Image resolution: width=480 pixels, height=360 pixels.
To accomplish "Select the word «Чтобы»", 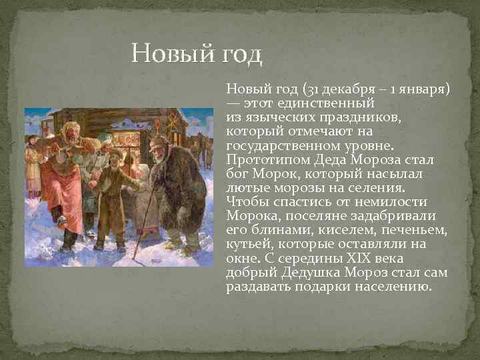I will coord(246,201).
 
